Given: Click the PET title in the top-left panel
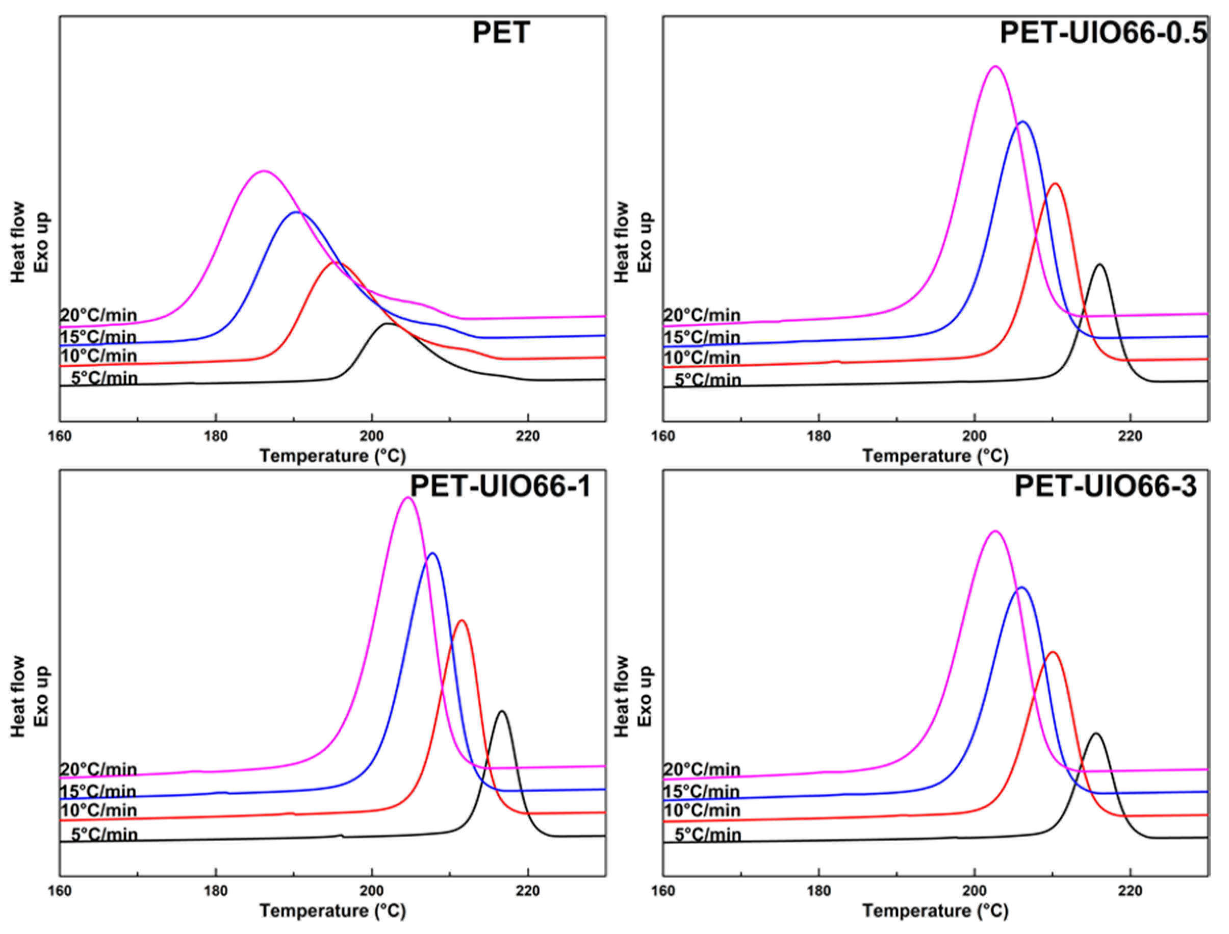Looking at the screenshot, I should [500, 33].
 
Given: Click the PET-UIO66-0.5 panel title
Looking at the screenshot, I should [1103, 33].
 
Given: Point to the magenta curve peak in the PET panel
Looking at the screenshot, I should [264, 171].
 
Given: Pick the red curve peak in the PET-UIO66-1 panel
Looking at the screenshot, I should [462, 620].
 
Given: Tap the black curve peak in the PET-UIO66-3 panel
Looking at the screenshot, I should [1095, 734].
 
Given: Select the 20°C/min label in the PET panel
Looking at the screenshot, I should [98, 315].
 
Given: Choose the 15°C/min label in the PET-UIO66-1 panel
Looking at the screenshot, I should [98, 791].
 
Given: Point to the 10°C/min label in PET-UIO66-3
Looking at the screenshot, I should [702, 811].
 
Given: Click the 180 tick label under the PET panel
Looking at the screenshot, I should [216, 437].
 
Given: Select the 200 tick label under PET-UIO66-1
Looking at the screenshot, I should [371, 891].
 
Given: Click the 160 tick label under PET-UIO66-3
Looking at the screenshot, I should [663, 891].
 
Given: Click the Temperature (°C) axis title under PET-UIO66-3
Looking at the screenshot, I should [935, 911].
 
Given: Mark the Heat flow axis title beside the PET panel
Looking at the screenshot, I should [18, 242].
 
